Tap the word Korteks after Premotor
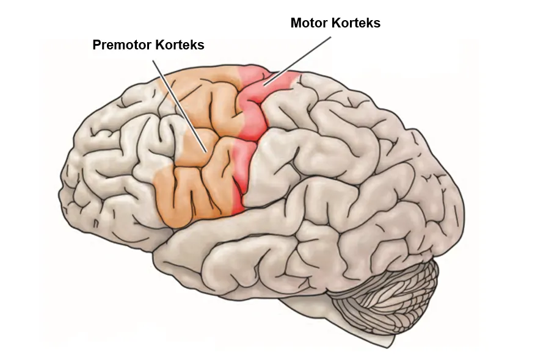point(180,45)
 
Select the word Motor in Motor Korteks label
point(309,23)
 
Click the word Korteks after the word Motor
point(356,23)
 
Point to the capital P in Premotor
point(96,45)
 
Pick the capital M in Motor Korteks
point(296,23)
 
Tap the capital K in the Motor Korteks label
point(335,23)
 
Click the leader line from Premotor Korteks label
point(180,106)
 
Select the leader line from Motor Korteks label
point(297,60)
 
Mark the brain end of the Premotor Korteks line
point(206,152)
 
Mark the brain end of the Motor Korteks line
point(263,85)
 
